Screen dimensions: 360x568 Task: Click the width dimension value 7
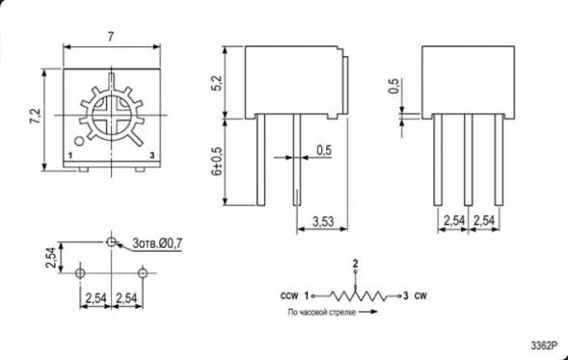111,36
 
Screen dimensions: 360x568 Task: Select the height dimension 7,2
36,117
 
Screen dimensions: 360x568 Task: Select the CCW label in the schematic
288,295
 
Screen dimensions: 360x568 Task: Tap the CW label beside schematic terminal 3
420,295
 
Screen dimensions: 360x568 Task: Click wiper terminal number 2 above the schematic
356,263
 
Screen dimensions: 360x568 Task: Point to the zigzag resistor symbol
356,295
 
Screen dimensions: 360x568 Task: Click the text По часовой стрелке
321,313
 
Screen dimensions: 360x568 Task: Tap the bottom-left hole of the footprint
82,273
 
